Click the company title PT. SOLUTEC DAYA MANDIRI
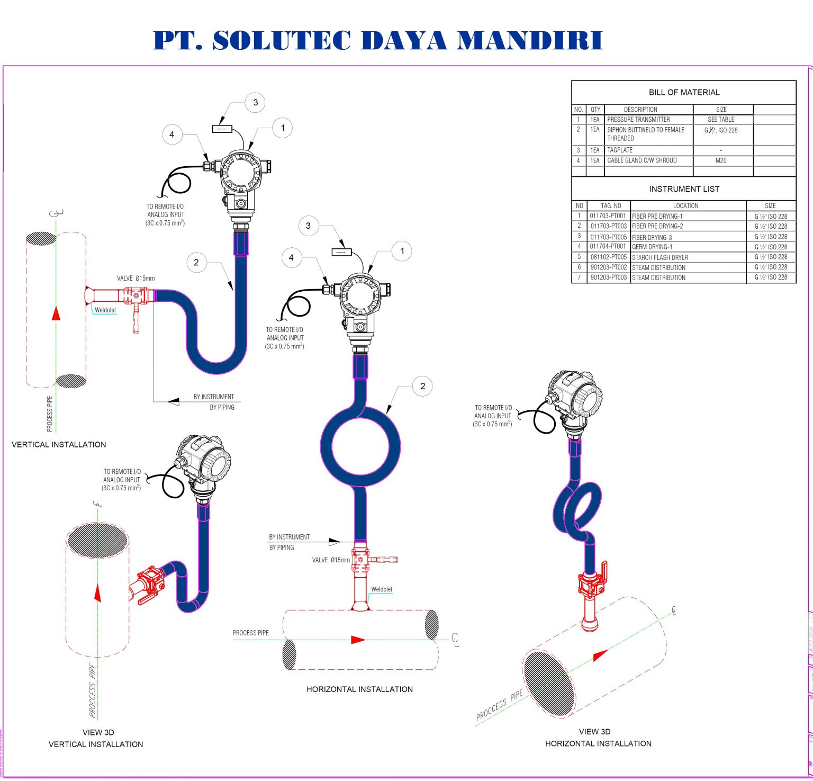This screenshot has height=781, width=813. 377,41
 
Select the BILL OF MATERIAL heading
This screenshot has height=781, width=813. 684,92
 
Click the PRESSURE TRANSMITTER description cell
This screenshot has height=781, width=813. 638,120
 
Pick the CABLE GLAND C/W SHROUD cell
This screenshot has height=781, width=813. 642,160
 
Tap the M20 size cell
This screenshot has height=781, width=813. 720,160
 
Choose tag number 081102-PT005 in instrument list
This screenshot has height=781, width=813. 608,257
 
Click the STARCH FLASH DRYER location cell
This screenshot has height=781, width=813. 660,257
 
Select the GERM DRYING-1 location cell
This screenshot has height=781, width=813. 652,247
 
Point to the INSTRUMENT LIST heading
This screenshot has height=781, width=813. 684,189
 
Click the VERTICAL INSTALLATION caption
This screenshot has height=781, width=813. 59,445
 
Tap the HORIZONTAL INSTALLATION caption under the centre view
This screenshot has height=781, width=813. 359,689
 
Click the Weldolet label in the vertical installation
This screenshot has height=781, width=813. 105,310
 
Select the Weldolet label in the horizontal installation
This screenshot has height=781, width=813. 382,589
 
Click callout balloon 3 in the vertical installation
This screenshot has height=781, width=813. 255,103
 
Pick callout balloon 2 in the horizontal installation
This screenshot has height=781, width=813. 422,386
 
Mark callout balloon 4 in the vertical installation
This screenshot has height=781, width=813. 171,134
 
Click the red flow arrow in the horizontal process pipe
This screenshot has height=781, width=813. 358,640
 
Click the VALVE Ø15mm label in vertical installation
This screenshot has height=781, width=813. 136,279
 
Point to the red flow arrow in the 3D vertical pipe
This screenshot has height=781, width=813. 97,593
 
